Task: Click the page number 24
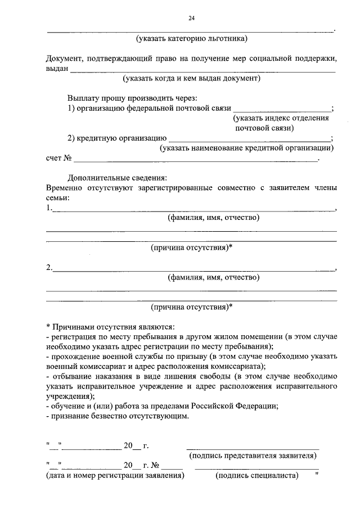pyautogui.click(x=191, y=19)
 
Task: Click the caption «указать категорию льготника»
pyautogui.click(x=191, y=39)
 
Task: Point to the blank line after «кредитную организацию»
pyautogui.click(x=250, y=138)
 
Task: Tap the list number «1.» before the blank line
pyautogui.click(x=49, y=208)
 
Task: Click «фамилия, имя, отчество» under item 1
pyautogui.click(x=214, y=218)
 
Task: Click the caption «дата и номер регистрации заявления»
pyautogui.click(x=115, y=475)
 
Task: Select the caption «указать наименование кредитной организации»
pyautogui.click(x=246, y=148)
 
